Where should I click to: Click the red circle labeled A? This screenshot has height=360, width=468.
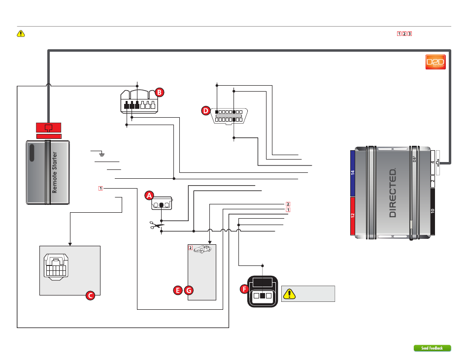[149, 196]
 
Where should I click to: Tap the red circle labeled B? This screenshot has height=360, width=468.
[160, 93]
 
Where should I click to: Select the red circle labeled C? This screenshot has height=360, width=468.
[90, 295]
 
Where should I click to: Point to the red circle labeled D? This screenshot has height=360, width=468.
[205, 111]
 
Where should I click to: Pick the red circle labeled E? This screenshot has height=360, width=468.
[178, 290]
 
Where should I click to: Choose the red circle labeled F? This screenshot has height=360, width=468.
[244, 289]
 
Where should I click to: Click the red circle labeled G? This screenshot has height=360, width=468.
[189, 290]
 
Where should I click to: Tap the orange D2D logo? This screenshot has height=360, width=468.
[435, 62]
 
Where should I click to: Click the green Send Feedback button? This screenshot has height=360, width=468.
[432, 348]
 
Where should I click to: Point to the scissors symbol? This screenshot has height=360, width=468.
[156, 225]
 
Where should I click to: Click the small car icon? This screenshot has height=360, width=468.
[202, 249]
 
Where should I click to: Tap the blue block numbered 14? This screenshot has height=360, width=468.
[353, 173]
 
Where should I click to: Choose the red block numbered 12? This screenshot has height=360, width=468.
[353, 216]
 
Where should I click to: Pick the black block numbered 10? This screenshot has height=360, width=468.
[433, 211]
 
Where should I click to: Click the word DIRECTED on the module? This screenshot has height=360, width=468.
[393, 193]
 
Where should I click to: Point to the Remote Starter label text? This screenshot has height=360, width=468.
[54, 172]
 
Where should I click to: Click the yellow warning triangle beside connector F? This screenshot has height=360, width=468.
[289, 294]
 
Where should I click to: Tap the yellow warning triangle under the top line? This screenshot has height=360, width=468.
[21, 33]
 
